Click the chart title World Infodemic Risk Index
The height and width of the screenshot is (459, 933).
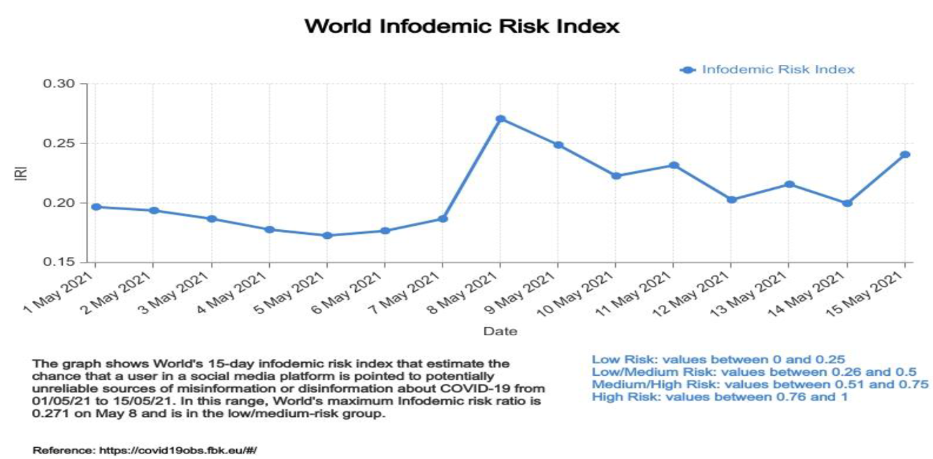(x=463, y=27)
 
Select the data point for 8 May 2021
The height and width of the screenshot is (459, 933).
(x=500, y=119)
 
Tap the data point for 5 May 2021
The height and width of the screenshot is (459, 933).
(x=326, y=235)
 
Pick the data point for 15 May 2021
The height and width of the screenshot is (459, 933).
(x=905, y=154)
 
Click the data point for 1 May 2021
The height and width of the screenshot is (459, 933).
(x=95, y=207)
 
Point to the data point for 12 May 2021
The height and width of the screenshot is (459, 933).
(x=731, y=200)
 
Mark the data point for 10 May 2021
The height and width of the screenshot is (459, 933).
(x=616, y=176)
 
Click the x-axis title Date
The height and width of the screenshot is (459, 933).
(x=500, y=331)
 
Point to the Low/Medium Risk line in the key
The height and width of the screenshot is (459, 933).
(x=753, y=372)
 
